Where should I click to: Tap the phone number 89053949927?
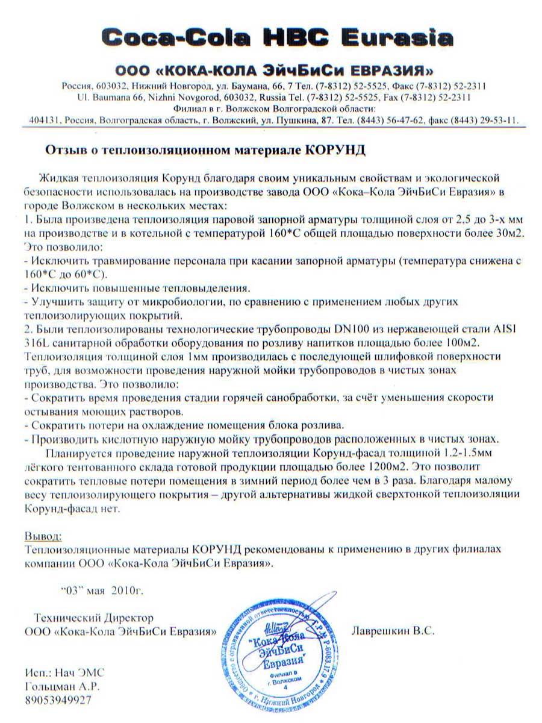point(58,700)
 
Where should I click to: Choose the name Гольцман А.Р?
point(62,686)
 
